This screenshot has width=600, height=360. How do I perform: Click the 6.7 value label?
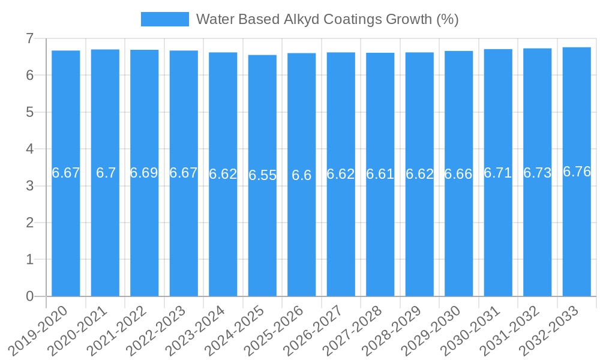pos(106,173)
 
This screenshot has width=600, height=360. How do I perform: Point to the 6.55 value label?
pos(262,175)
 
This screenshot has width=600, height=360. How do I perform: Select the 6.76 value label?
pos(577,172)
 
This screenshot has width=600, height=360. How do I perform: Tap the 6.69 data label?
pos(145,173)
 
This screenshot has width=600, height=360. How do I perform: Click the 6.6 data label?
pos(302,175)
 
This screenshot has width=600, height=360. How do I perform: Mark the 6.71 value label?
pos(498,173)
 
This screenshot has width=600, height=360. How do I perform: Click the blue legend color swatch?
pos(164,19)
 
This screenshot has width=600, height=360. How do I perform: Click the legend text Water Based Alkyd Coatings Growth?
pos(327,19)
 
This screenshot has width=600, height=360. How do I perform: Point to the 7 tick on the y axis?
pos(29,38)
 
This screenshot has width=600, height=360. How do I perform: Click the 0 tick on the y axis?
pos(29,296)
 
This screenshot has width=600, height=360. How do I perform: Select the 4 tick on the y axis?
pos(29,149)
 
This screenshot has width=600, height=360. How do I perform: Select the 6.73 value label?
pos(538,173)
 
